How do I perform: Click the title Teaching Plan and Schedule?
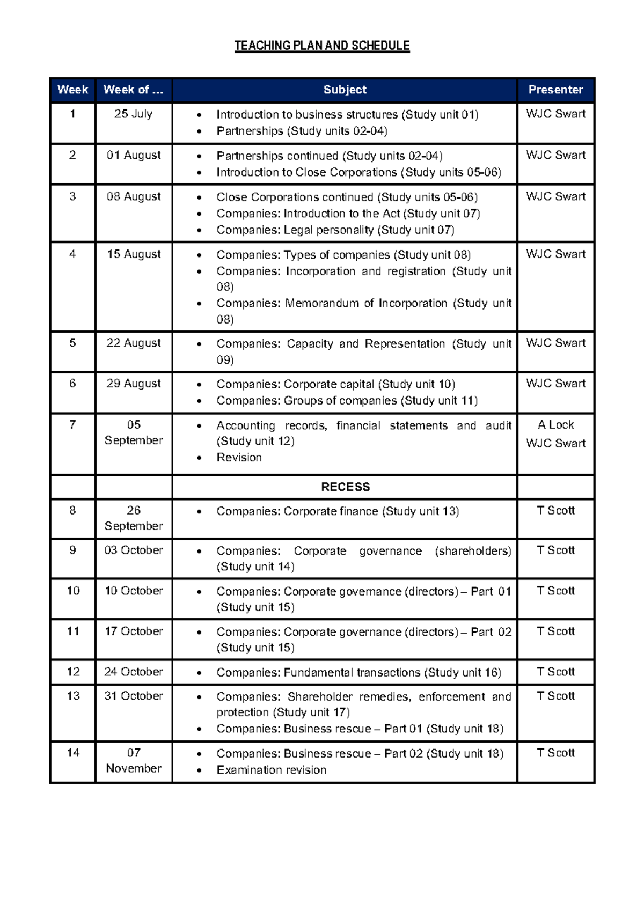(322, 46)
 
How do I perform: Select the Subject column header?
(345, 90)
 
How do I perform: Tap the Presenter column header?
(555, 90)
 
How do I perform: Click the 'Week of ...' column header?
(133, 90)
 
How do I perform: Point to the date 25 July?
(133, 114)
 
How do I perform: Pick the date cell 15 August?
(134, 254)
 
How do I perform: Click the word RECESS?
(345, 487)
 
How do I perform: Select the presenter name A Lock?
(555, 424)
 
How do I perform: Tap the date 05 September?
(134, 432)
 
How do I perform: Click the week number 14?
(73, 753)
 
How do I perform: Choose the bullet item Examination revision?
(271, 770)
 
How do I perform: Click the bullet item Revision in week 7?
(239, 457)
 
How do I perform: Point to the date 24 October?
(134, 672)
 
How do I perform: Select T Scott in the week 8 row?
(555, 510)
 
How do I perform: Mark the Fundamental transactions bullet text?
(358, 672)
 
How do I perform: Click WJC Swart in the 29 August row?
(555, 384)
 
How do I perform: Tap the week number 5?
(72, 343)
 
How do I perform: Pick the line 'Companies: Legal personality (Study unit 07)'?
(335, 230)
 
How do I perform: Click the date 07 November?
(134, 760)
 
